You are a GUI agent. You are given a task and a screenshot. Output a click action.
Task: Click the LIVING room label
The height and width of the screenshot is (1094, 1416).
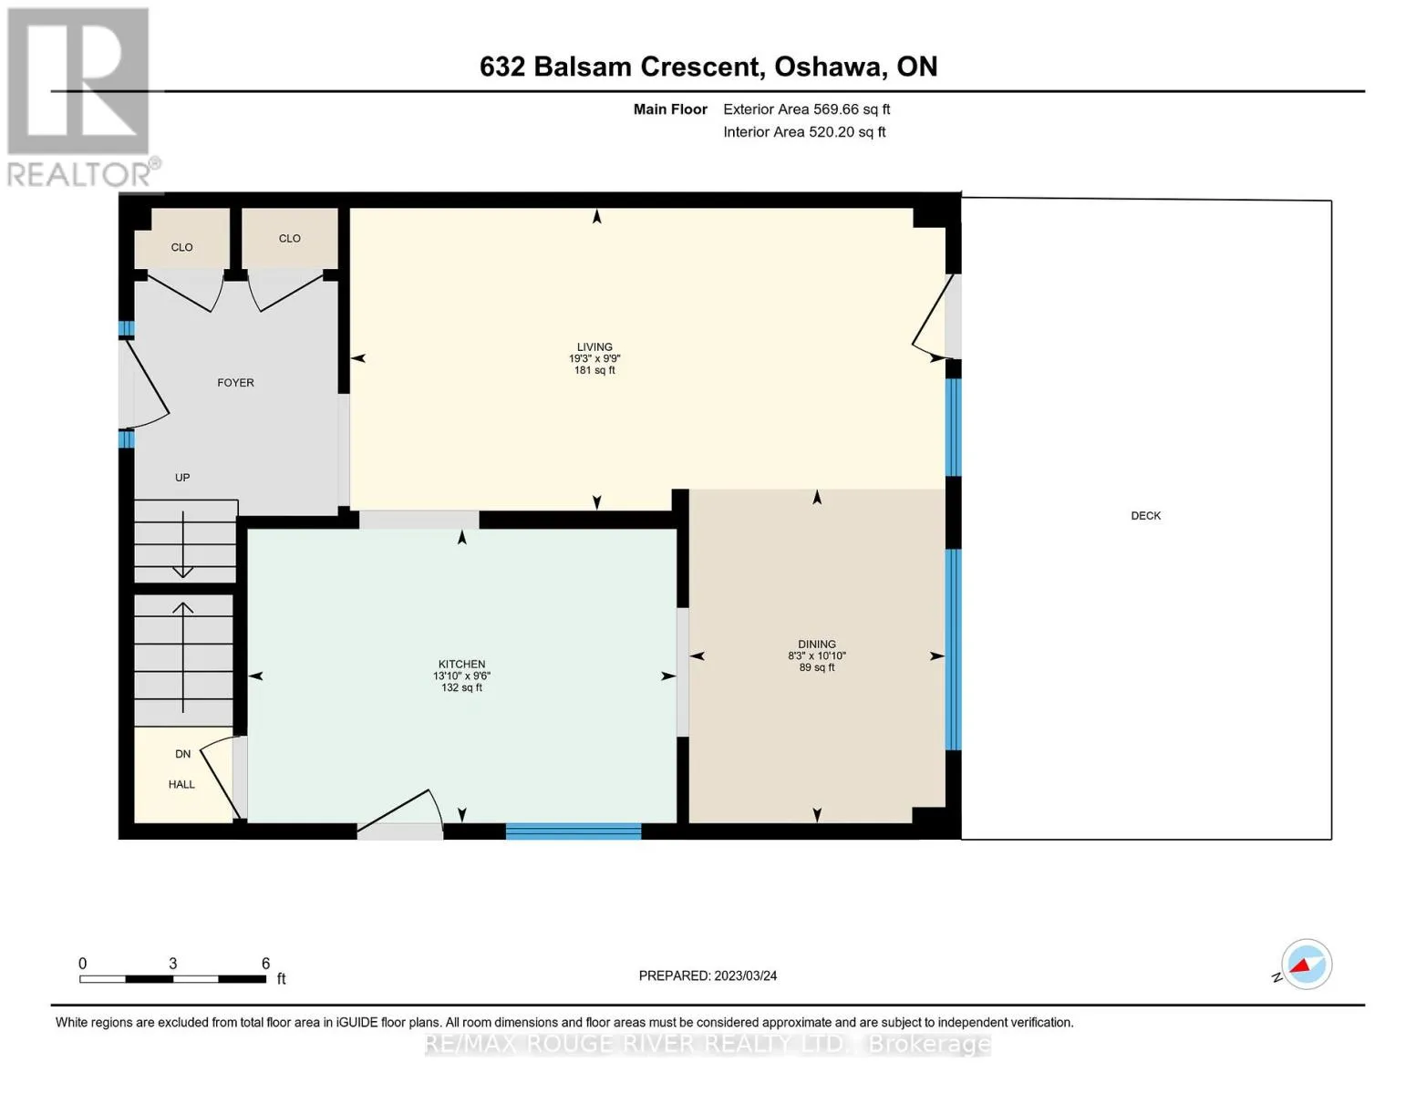click(x=594, y=346)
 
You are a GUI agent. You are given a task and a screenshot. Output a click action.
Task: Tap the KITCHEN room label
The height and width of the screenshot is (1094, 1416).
click(x=461, y=664)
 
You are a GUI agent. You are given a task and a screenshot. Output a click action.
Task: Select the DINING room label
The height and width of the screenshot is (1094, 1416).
click(x=816, y=644)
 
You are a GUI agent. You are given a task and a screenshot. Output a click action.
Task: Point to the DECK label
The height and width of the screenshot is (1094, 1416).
click(x=1145, y=515)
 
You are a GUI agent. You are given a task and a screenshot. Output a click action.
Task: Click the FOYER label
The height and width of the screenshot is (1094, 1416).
click(x=235, y=383)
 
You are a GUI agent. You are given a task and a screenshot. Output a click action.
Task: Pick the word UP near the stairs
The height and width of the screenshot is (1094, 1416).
click(x=182, y=478)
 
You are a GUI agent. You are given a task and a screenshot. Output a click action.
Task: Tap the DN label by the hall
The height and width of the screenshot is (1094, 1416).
click(x=182, y=754)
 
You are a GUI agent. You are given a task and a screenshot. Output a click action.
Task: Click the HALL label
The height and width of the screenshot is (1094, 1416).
click(x=181, y=784)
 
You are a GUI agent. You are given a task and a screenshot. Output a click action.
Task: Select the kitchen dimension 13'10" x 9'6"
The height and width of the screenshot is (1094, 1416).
click(x=461, y=676)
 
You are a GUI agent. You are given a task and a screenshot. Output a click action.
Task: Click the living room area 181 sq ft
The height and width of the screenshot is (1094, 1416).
click(x=594, y=370)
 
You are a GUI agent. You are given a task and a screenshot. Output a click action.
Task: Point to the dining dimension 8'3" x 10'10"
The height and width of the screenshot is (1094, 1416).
click(x=816, y=655)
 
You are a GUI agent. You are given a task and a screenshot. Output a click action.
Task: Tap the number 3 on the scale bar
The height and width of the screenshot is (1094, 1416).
click(x=172, y=963)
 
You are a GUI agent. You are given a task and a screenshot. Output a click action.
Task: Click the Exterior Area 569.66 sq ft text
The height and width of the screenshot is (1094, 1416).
click(x=806, y=109)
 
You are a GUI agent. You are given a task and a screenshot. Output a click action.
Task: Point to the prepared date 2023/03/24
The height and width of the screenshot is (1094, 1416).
click(x=745, y=976)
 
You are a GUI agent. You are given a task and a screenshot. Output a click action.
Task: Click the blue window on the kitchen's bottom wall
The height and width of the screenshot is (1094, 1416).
click(x=574, y=831)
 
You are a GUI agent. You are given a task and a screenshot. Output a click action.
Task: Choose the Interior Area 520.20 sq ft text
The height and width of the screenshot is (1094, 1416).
click(x=804, y=132)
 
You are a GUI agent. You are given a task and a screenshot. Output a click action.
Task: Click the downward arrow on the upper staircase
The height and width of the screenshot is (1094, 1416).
click(x=182, y=544)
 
